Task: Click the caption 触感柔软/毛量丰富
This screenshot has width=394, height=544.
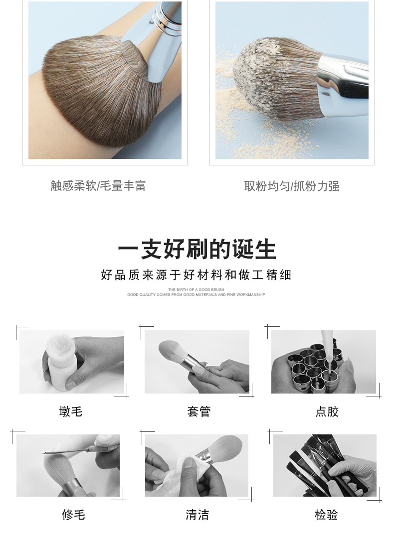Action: pyautogui.click(x=98, y=186)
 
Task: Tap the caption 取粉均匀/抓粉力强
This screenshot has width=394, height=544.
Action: pyautogui.click(x=291, y=186)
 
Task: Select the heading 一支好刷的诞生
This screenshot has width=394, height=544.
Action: pyautogui.click(x=197, y=250)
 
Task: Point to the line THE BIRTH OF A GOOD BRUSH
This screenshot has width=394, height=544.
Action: pyautogui.click(x=196, y=289)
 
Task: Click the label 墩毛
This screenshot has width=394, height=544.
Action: pyautogui.click(x=70, y=411)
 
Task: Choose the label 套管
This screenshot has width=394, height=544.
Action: pyautogui.click(x=199, y=411)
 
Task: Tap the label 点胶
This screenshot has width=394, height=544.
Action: pyautogui.click(x=327, y=411)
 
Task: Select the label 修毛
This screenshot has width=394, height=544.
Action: pyautogui.click(x=73, y=515)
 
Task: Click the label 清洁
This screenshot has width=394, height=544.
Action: pyautogui.click(x=197, y=515)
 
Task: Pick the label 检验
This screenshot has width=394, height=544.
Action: pyautogui.click(x=326, y=515)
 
